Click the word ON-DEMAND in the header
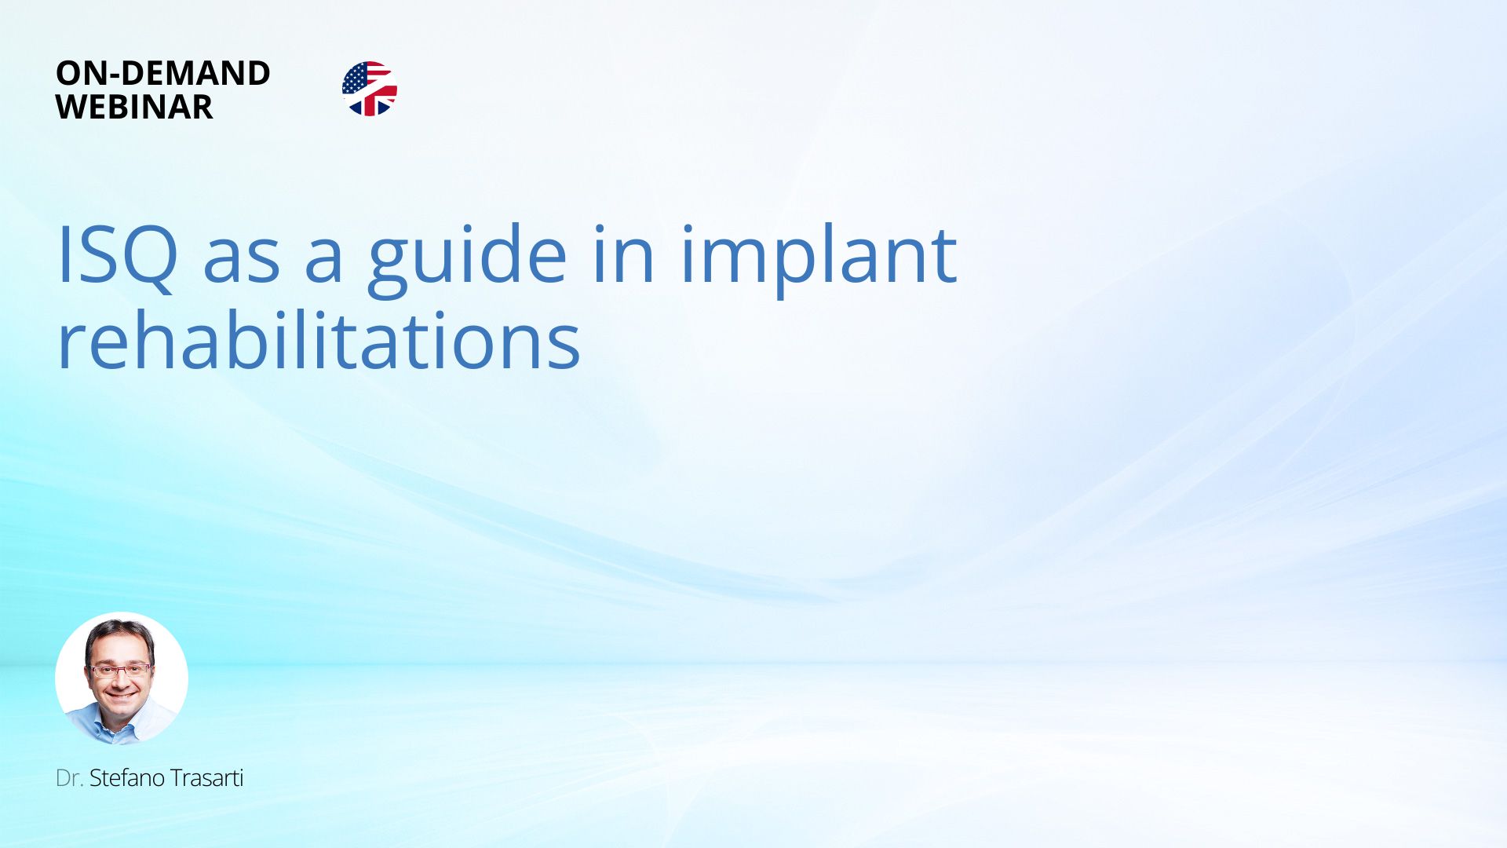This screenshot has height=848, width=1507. coord(163,73)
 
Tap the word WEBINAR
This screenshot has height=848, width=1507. coord(134,107)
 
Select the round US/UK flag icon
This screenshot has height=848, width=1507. coord(370,89)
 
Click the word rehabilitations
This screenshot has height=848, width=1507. coord(319,340)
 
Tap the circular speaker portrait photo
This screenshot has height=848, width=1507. coord(122,678)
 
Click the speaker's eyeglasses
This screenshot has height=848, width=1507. coord(120,671)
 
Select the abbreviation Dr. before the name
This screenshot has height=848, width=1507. coord(69,778)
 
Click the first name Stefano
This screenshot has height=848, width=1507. coord(126,778)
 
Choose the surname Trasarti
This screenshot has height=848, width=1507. coord(206,778)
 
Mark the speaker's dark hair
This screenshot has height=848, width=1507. coord(120,633)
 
